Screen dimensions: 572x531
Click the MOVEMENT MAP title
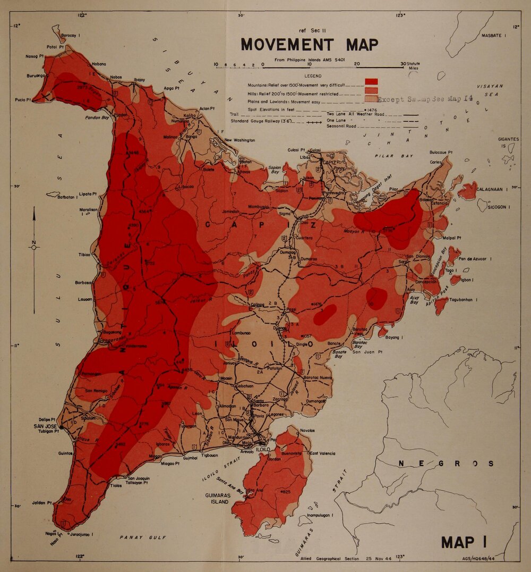[x=310, y=44]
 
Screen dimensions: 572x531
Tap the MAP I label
[x=465, y=542]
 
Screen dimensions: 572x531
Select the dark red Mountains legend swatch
[x=371, y=81]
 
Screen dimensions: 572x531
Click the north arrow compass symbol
[x=34, y=246]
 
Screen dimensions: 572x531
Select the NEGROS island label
[x=446, y=464]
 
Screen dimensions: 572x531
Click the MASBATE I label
[x=494, y=35]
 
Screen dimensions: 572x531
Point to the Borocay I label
[x=70, y=36]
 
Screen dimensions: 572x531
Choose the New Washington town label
[x=239, y=140]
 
